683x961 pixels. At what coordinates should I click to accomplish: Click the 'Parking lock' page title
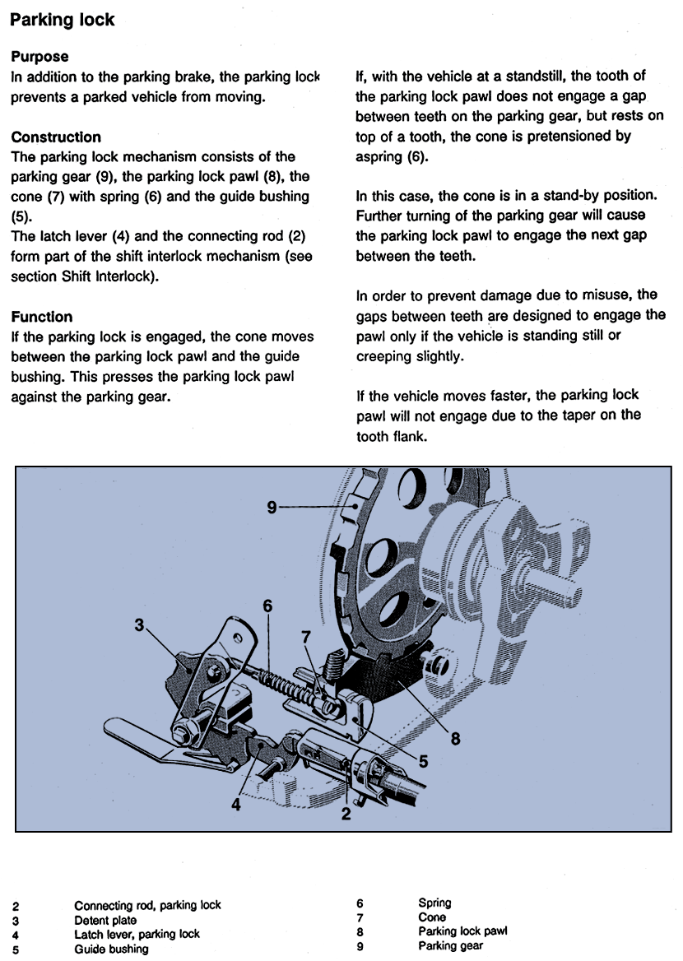click(x=63, y=20)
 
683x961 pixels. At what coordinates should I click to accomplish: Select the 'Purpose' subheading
click(x=39, y=57)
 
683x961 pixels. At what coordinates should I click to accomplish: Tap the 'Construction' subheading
click(x=56, y=137)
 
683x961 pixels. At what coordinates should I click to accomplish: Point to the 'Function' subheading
click(x=42, y=317)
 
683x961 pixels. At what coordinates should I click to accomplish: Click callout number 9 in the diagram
click(x=272, y=508)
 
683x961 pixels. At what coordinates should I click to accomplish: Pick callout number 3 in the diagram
click(x=139, y=625)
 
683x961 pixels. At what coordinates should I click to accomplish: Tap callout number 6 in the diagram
click(x=267, y=605)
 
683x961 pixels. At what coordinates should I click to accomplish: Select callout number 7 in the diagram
click(x=306, y=636)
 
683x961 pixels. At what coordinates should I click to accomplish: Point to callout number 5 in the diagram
click(x=423, y=762)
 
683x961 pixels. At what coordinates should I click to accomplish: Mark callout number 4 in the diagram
click(x=236, y=805)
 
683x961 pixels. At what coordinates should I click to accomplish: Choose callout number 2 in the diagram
click(x=346, y=815)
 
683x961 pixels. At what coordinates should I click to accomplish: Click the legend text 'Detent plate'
click(x=105, y=920)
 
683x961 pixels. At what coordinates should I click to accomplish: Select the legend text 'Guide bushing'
click(x=111, y=949)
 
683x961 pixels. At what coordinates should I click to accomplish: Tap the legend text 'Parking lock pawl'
click(x=462, y=931)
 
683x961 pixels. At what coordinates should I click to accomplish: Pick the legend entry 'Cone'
click(x=432, y=917)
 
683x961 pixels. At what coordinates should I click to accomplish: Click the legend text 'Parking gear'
click(x=450, y=946)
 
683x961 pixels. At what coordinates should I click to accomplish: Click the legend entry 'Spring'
click(x=434, y=903)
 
